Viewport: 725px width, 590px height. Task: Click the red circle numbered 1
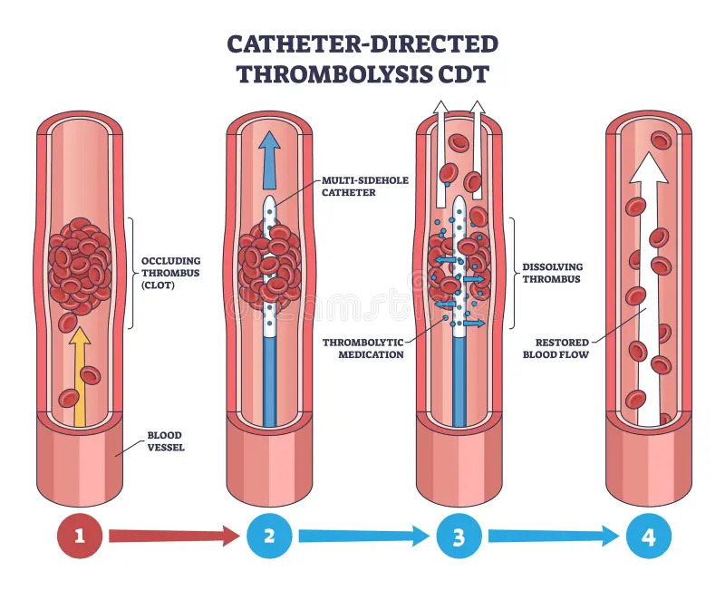click(x=79, y=537)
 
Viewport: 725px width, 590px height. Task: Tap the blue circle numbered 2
click(x=269, y=537)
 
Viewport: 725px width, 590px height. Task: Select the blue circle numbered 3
click(x=459, y=537)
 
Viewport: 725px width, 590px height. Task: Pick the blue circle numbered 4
click(x=649, y=537)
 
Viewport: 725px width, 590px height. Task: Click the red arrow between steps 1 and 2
click(x=173, y=537)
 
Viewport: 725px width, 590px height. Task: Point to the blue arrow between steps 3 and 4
click(x=553, y=537)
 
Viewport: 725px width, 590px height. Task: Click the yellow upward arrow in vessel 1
click(x=80, y=372)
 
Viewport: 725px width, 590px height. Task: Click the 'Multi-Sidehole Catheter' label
click(x=363, y=186)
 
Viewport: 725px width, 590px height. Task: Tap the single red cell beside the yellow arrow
click(x=68, y=397)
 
